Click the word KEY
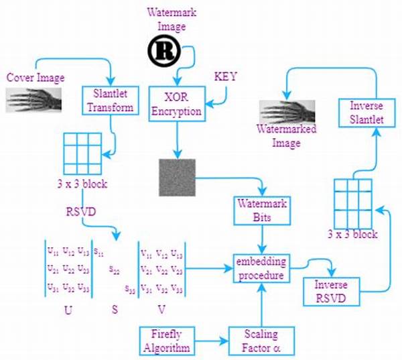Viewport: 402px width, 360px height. (225, 76)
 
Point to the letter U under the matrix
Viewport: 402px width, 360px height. (68, 310)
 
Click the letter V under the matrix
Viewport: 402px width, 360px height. (161, 310)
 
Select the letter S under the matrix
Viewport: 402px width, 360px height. (115, 310)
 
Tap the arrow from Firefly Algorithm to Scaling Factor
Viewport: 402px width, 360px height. (211, 340)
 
